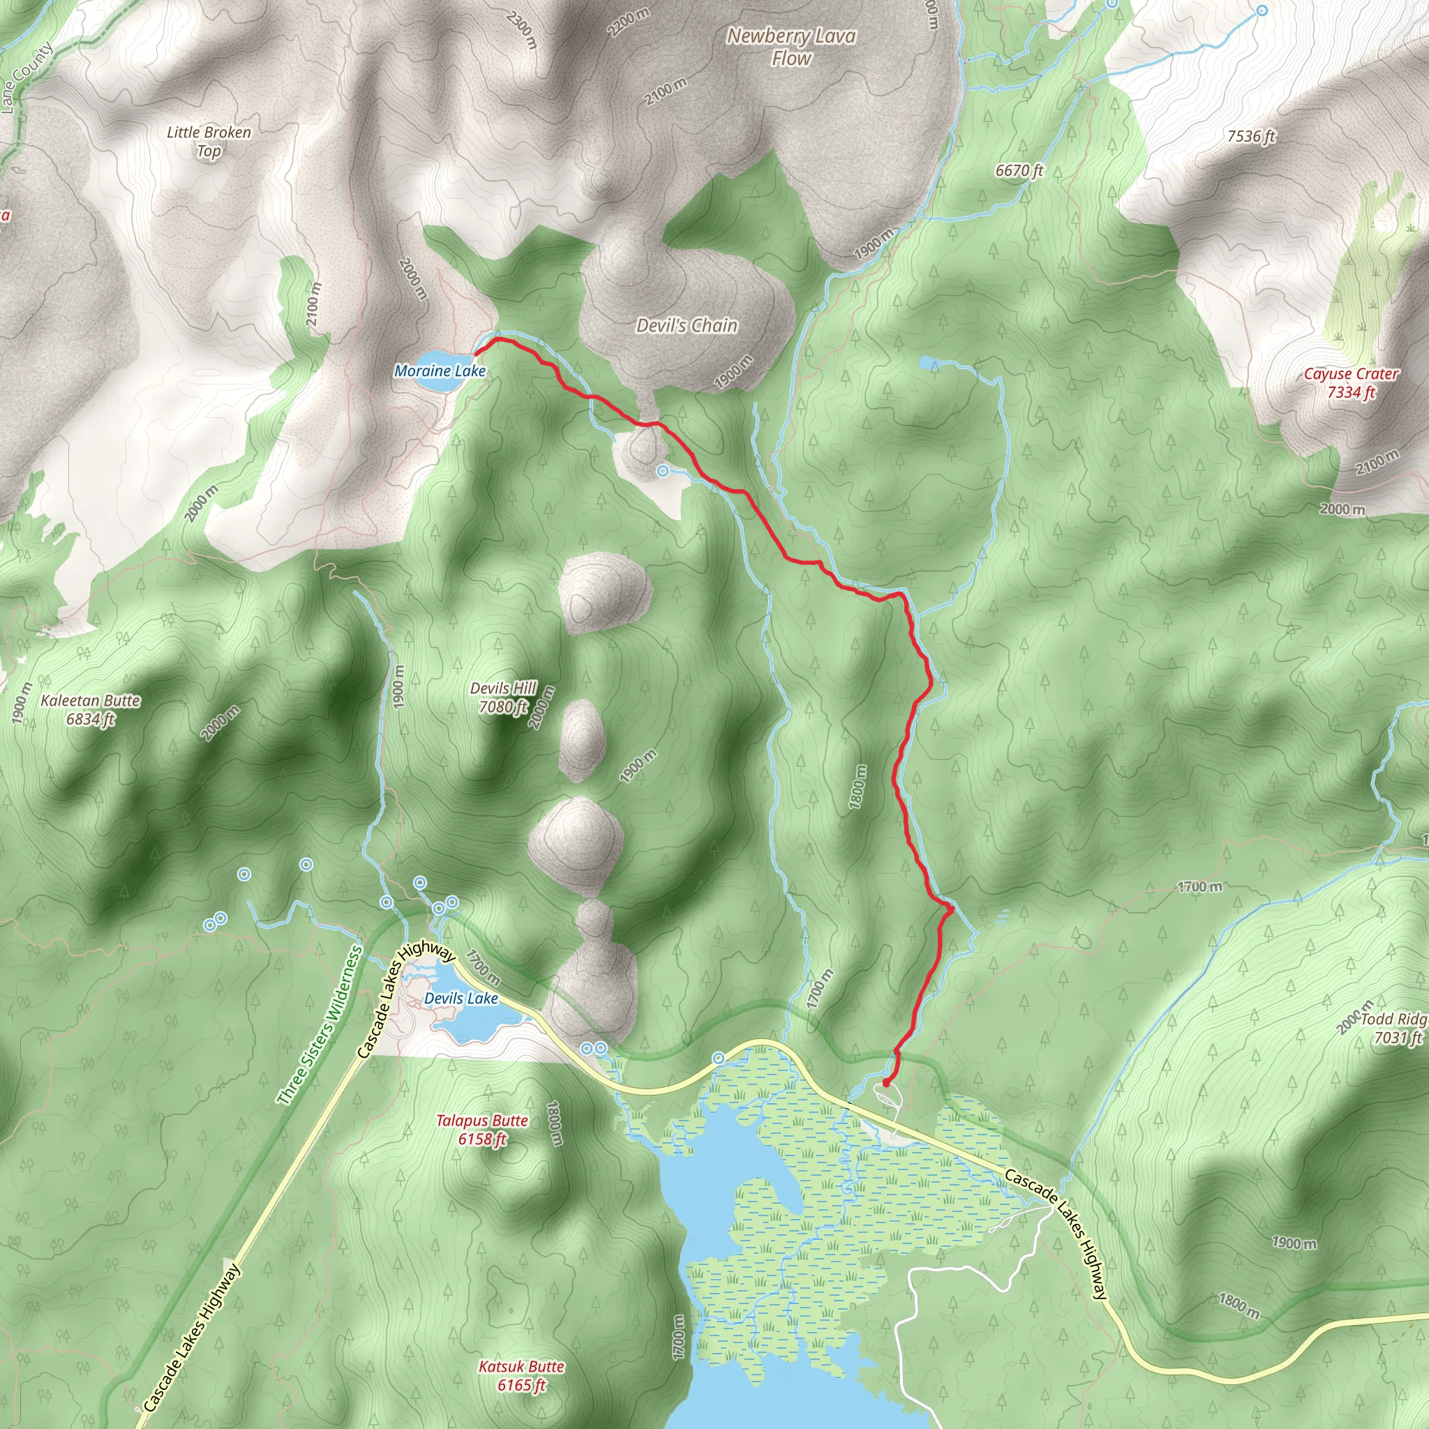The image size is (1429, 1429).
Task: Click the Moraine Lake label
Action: click(440, 371)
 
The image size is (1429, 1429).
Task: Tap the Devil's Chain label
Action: click(687, 325)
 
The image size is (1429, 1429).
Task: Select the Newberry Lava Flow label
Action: click(791, 47)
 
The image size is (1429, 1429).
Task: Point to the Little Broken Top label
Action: click(209, 141)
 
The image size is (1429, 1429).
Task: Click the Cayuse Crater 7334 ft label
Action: click(1351, 383)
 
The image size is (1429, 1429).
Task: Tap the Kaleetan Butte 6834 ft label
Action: click(90, 710)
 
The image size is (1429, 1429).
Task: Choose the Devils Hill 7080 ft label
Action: click(503, 697)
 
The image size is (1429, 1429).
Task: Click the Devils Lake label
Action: click(461, 998)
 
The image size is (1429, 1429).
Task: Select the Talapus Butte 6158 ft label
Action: click(481, 1130)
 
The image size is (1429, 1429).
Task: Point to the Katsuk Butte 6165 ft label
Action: click(521, 1376)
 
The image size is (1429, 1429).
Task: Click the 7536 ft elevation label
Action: click(1251, 136)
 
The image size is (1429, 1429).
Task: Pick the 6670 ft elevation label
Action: click(1019, 170)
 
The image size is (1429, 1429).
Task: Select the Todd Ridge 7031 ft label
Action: click(1393, 1028)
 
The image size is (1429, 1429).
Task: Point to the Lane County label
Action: click(27, 77)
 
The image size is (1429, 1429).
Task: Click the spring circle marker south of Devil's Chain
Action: click(663, 470)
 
